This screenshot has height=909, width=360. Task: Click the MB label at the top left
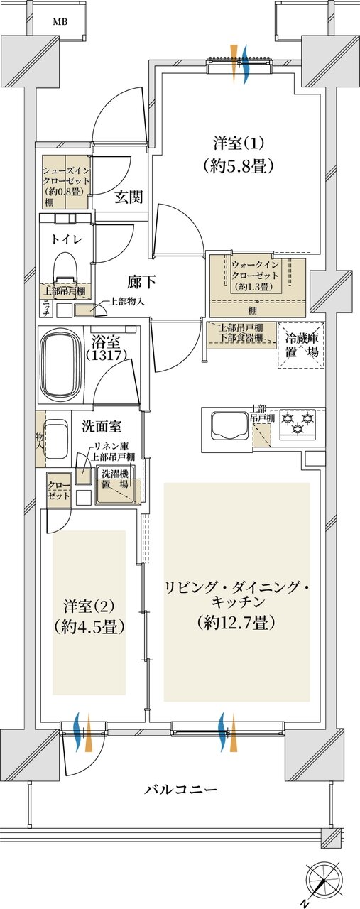pyautogui.click(x=60, y=21)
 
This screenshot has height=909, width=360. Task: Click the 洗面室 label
pyautogui.click(x=101, y=427)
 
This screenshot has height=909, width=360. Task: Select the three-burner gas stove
pyautogui.click(x=298, y=423)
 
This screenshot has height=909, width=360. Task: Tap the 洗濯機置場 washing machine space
pyautogui.click(x=114, y=486)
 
